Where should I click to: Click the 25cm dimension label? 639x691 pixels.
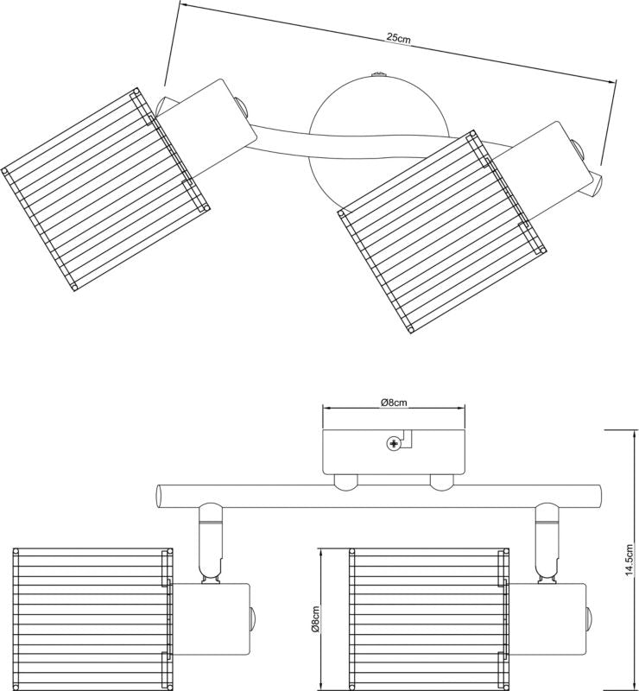click(x=398, y=38)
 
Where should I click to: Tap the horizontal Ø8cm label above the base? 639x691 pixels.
click(x=394, y=402)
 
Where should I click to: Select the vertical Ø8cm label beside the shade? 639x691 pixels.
click(x=315, y=619)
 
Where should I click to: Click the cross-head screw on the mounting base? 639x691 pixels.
click(x=393, y=443)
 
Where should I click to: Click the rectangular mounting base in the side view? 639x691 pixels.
click(x=394, y=452)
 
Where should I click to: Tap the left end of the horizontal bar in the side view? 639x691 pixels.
click(x=158, y=496)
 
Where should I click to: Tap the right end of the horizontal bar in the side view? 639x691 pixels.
click(x=598, y=496)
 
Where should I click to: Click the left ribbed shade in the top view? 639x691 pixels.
click(x=104, y=189)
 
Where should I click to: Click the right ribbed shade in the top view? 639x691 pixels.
click(x=441, y=231)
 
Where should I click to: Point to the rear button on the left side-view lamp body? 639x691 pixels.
click(x=252, y=618)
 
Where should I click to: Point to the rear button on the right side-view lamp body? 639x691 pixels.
click(x=589, y=618)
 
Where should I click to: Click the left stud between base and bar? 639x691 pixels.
click(x=345, y=482)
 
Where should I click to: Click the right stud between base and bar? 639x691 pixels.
click(x=441, y=482)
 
